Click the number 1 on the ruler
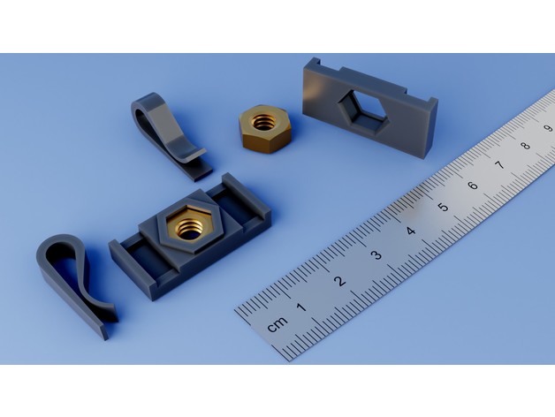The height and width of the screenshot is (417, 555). [300, 307]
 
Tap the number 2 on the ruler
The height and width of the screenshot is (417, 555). [339, 281]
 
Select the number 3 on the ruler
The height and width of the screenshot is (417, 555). [376, 255]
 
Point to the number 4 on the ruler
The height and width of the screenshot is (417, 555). [411, 231]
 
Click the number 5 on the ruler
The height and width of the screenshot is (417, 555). [443, 208]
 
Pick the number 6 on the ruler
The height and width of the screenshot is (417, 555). [472, 186]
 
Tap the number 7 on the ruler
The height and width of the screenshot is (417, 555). [499, 164]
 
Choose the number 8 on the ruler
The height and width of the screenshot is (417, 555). [525, 146]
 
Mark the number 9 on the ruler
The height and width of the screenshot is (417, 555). [548, 128]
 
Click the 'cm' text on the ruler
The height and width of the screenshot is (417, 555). [277, 324]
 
